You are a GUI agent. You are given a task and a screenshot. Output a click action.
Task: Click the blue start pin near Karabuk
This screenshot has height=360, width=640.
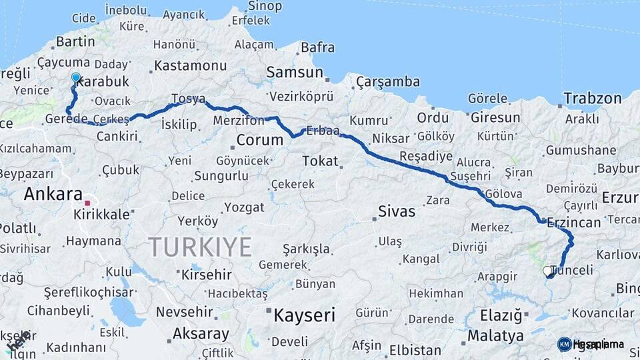pyautogui.click(x=76, y=78)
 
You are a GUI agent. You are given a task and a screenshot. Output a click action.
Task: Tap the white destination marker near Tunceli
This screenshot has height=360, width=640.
pyautogui.click(x=547, y=271)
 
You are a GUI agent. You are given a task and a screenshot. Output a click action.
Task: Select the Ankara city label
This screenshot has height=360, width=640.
pyautogui.click(x=52, y=195)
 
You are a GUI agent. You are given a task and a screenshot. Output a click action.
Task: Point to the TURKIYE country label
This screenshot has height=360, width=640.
pyautogui.click(x=200, y=247)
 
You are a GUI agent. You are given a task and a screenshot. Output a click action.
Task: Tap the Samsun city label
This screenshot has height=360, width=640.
pyautogui.click(x=295, y=72)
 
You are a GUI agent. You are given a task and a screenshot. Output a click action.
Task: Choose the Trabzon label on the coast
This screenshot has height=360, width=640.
pyautogui.click(x=592, y=99)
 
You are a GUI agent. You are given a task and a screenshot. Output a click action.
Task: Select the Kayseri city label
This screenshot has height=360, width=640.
pyautogui.click(x=304, y=315)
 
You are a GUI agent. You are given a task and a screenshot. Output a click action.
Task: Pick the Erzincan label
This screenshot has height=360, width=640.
pyautogui.click(x=573, y=223)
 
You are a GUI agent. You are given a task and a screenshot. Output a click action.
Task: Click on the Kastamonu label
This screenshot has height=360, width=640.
pyautogui.click(x=191, y=66)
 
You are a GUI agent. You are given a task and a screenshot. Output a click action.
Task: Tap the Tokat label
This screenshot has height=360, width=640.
pyautogui.click(x=320, y=161)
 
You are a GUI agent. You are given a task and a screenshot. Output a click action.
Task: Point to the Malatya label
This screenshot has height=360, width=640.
pyautogui.click(x=495, y=335)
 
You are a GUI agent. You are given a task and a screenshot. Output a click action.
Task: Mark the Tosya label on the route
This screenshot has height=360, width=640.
pyautogui.click(x=189, y=99)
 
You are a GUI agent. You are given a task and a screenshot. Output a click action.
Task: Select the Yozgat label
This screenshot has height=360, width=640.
pyautogui.click(x=244, y=207)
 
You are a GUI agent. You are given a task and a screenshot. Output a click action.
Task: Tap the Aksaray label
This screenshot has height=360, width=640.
pyautogui.click(x=201, y=333)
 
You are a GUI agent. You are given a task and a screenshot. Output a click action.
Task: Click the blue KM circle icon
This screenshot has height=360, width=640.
pyautogui.click(x=565, y=344)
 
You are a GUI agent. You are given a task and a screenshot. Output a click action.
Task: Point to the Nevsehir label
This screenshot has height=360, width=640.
pyautogui.click(x=185, y=311)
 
